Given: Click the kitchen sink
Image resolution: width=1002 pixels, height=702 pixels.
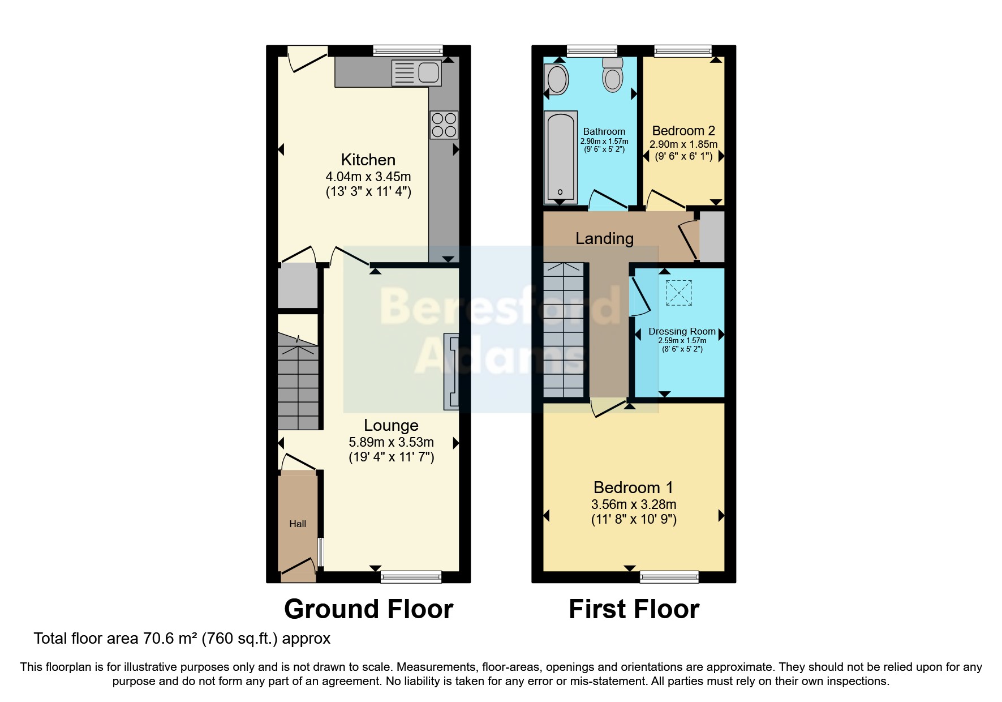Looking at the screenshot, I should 416,73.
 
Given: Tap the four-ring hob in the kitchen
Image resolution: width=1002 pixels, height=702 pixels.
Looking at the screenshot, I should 444,125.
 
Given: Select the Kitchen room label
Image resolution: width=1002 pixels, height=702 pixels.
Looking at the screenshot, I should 368,160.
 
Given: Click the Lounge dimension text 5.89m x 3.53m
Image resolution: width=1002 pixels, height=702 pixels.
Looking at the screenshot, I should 391,442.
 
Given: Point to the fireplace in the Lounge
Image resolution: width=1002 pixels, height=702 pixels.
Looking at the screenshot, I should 451,371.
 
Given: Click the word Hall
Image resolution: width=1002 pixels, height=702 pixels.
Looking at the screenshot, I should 298,524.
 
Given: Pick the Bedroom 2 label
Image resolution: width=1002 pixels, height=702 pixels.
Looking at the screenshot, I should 683,131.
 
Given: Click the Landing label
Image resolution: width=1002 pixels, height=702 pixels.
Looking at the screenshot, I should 604,238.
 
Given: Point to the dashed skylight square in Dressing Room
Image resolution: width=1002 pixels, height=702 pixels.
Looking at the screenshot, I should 678,293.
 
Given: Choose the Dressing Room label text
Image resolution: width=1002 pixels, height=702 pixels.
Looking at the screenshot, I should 682,331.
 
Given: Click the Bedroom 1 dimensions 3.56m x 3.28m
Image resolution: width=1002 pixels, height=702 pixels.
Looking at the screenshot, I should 634,504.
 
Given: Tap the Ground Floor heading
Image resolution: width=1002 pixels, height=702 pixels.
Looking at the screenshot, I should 368,609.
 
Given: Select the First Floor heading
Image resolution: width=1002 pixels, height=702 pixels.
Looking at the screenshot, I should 634,609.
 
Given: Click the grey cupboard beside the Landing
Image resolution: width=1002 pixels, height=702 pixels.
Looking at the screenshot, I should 712,237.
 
